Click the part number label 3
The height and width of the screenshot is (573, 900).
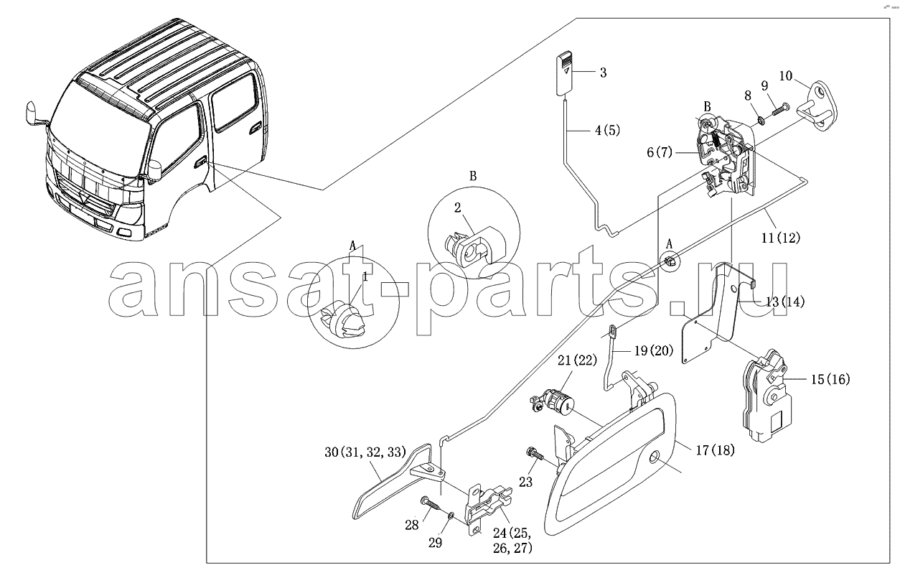click(603, 73)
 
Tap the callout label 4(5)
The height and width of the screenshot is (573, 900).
click(607, 130)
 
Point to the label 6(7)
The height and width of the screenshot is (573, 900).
click(660, 152)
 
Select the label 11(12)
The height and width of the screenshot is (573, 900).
click(780, 238)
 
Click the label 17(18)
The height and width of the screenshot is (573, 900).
click(715, 450)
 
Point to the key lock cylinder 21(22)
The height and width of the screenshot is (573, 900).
click(553, 402)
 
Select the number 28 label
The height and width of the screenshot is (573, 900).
click(412, 525)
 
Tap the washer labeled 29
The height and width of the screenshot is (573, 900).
click(451, 515)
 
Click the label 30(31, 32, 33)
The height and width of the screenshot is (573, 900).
click(365, 452)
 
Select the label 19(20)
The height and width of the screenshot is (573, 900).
click(654, 350)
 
